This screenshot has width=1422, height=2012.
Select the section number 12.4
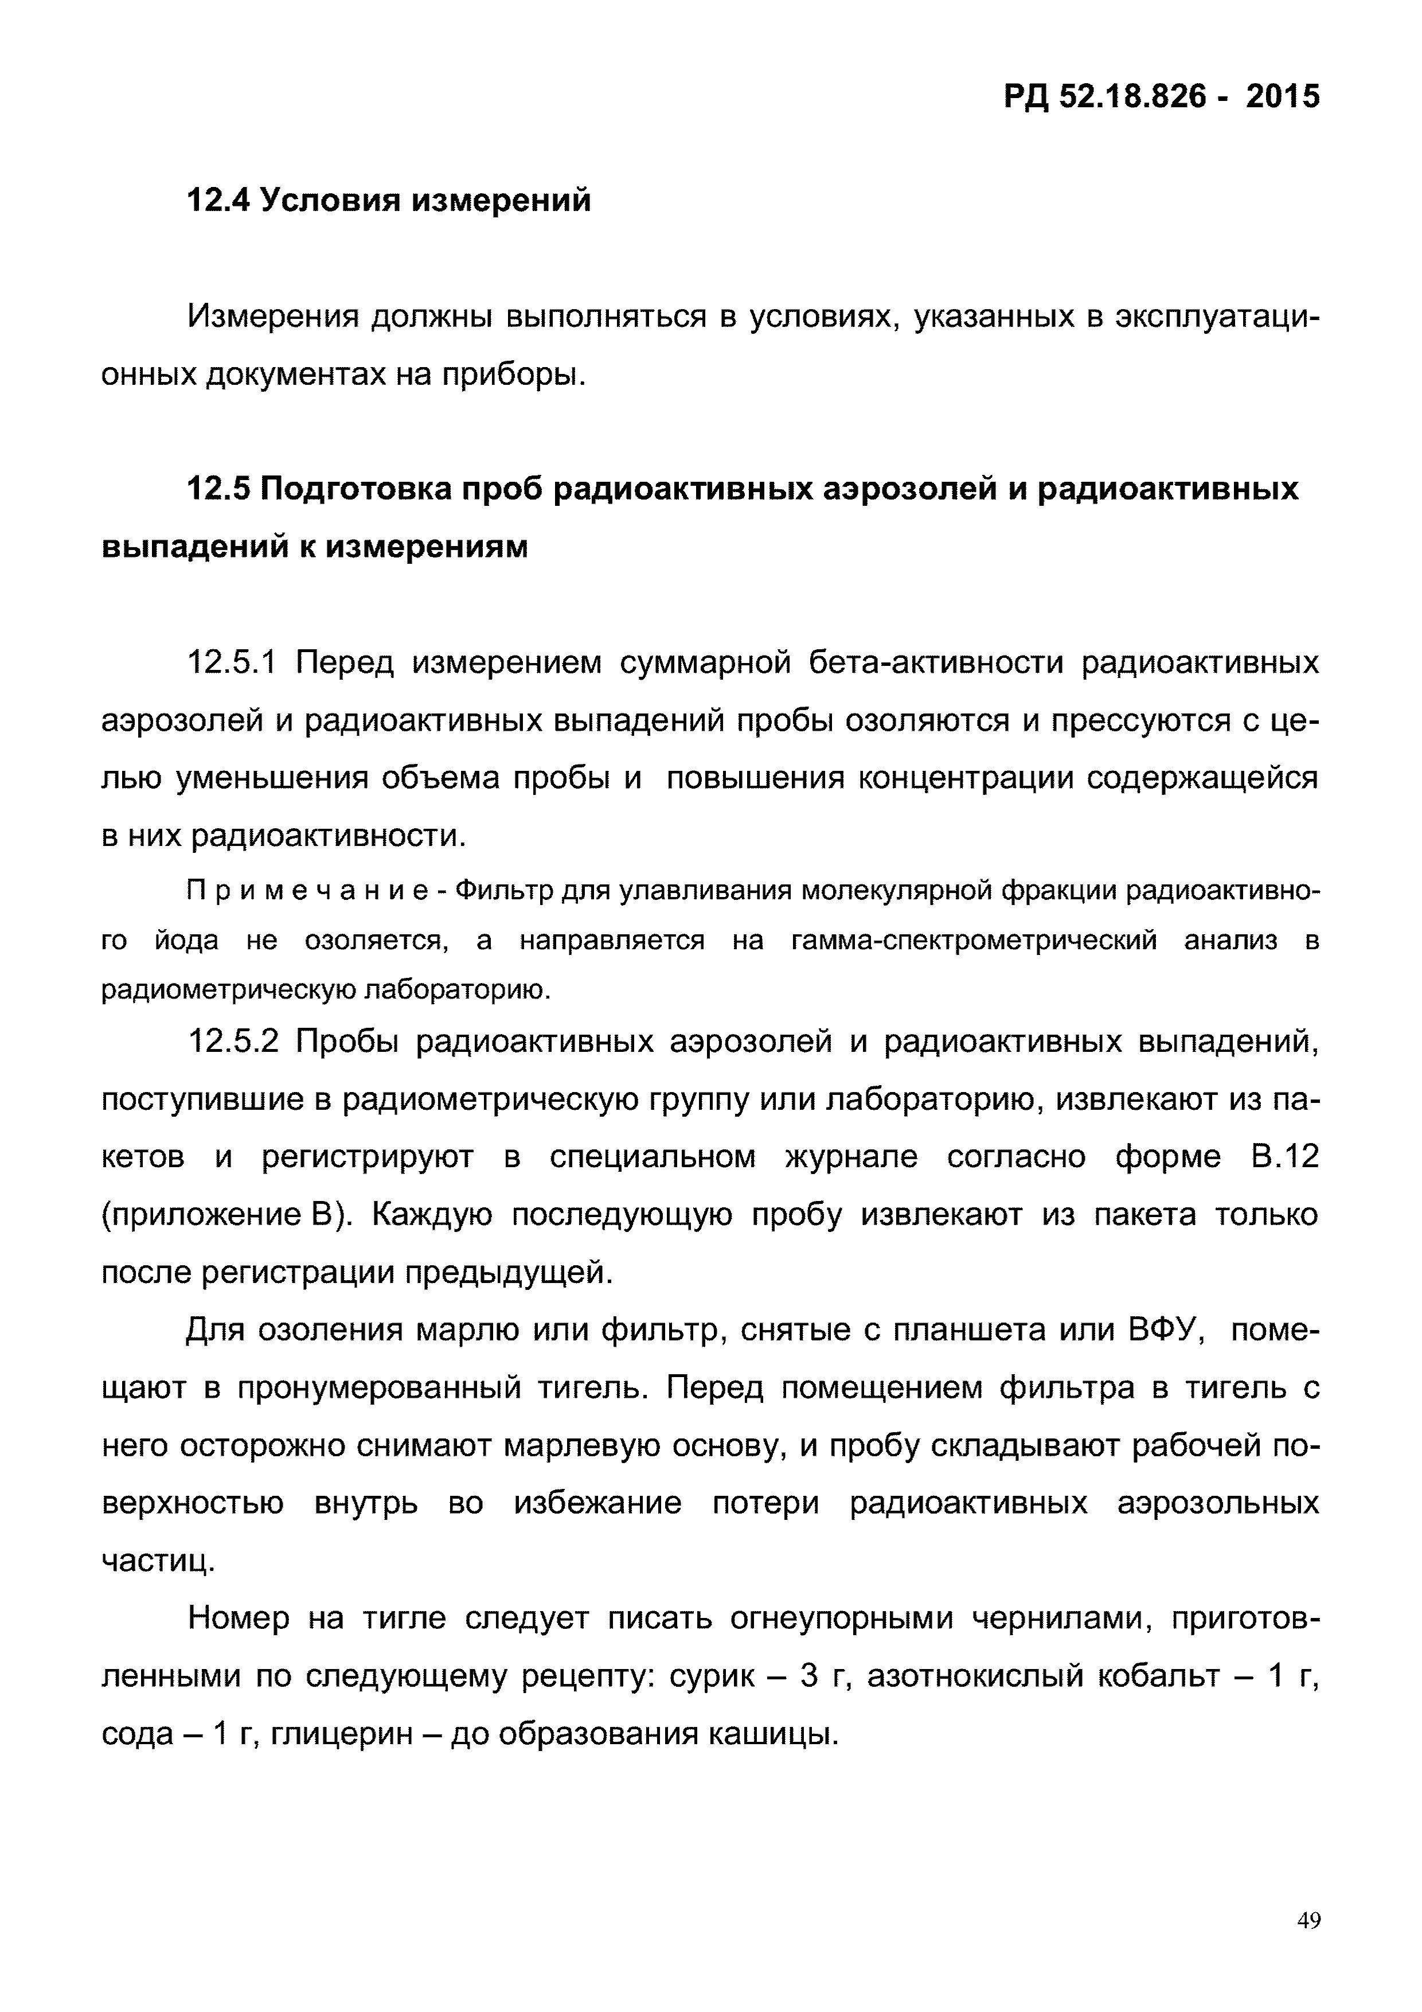pos(219,201)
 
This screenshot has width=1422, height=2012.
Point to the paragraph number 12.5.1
pos(232,662)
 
